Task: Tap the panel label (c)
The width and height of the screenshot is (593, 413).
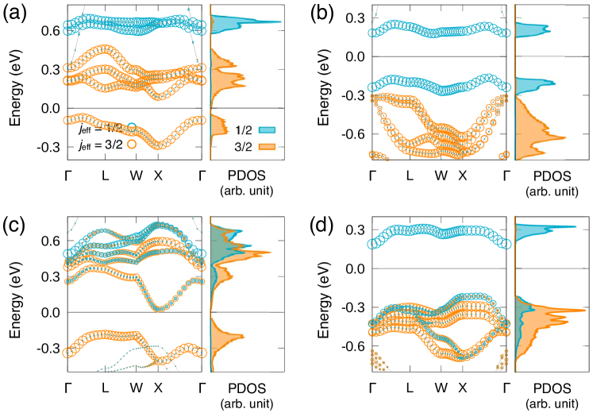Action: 15,224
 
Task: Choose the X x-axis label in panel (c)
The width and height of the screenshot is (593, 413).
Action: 158,388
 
